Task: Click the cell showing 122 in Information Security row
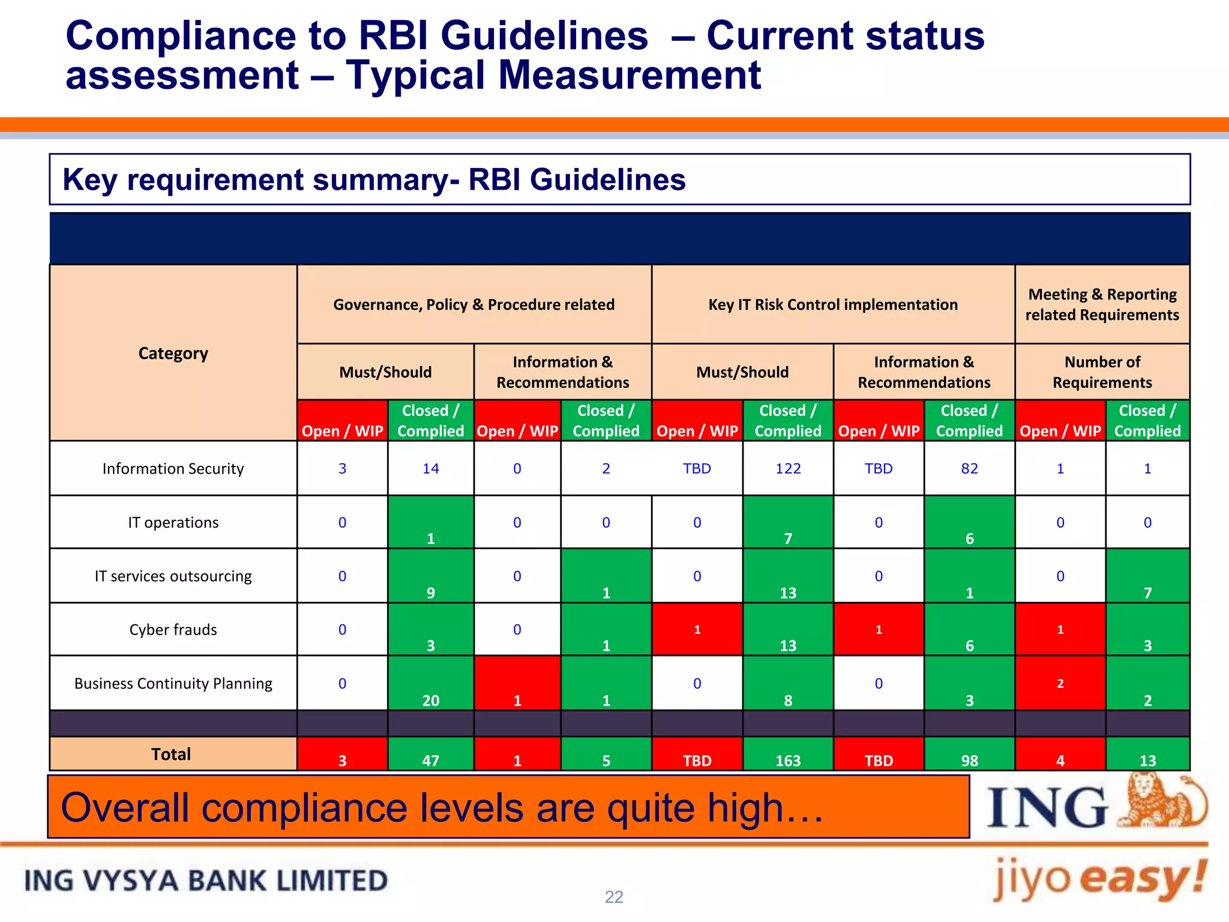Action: tap(787, 468)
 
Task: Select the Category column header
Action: tap(173, 353)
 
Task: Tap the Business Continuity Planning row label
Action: tap(173, 683)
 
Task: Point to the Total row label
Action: tap(171, 754)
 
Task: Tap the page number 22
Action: tap(614, 897)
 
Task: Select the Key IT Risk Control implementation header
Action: tap(832, 304)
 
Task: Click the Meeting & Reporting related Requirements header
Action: tap(1102, 304)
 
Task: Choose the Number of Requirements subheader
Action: tap(1102, 372)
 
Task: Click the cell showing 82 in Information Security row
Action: tap(969, 468)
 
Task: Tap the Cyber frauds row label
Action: tap(173, 630)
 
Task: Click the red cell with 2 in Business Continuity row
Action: tap(1060, 683)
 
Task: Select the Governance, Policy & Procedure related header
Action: tap(473, 304)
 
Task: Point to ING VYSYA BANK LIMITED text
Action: tap(206, 881)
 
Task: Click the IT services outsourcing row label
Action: tap(173, 576)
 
